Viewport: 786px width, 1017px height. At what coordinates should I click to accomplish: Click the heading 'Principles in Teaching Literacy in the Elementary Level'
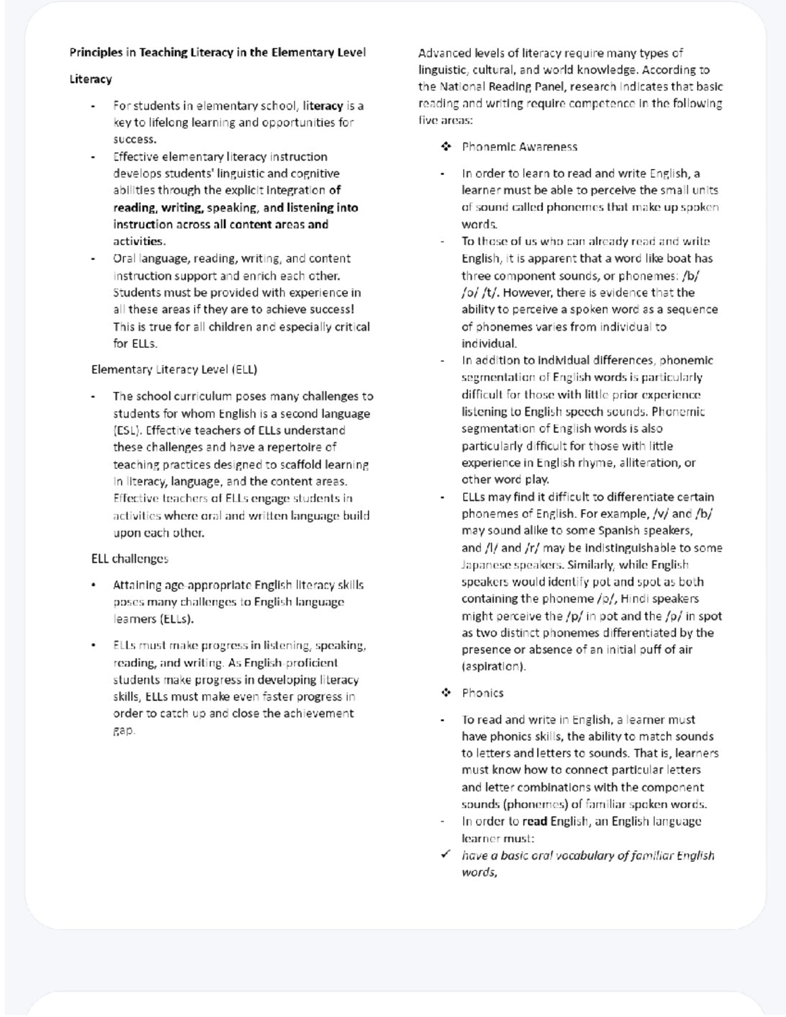coord(217,52)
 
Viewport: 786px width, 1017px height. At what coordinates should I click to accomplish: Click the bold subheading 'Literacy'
coord(90,79)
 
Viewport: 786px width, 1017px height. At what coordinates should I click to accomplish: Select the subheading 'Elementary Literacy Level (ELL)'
coord(174,369)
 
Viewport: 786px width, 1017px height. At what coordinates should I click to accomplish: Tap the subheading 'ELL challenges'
coord(130,559)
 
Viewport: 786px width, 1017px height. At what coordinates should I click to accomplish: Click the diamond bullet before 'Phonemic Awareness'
coord(446,147)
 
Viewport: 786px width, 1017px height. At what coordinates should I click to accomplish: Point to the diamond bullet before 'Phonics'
coord(446,693)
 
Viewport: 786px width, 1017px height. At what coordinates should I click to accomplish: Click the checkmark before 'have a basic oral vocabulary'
coord(446,855)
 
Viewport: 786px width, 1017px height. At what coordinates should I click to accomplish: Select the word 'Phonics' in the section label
coord(482,693)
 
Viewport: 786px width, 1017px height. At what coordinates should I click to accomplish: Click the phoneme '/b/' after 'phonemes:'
coord(690,276)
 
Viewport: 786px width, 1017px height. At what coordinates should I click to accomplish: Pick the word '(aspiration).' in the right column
coord(493,667)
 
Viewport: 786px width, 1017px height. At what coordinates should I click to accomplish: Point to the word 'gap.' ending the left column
coord(124,730)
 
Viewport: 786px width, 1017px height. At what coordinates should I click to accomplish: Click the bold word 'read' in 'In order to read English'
coord(534,821)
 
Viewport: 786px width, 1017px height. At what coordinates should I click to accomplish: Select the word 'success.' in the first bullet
coord(134,139)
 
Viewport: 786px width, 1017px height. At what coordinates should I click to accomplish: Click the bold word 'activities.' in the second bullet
coord(139,241)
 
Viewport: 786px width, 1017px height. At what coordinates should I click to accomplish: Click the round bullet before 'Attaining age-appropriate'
coord(94,585)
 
